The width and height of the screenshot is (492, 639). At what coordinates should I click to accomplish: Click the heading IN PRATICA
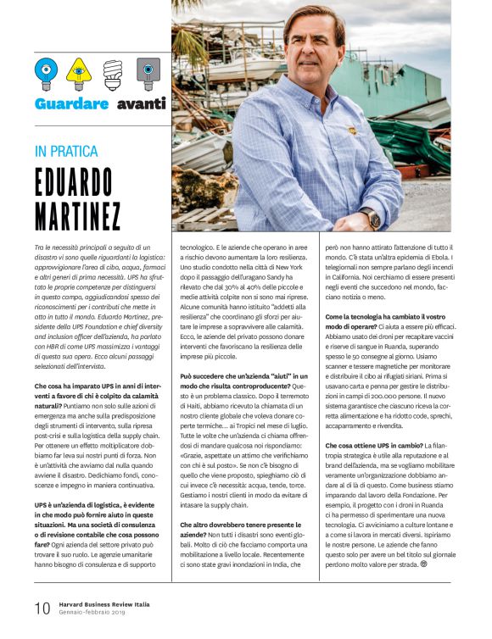[x=68, y=153]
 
